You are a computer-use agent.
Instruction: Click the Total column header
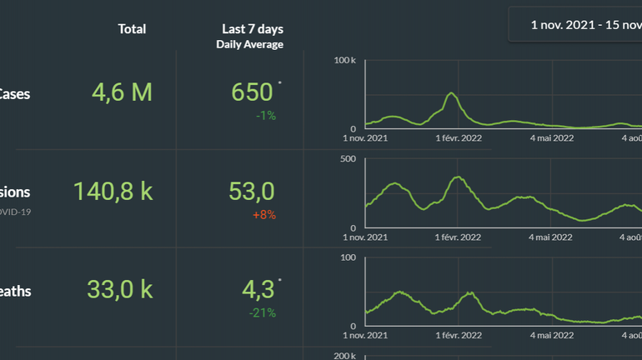click(132, 29)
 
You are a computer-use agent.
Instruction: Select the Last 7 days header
click(249, 29)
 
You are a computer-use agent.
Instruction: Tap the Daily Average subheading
click(249, 44)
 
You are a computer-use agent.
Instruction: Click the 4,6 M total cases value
click(122, 92)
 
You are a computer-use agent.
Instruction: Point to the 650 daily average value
click(253, 92)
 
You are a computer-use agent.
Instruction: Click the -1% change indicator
click(266, 116)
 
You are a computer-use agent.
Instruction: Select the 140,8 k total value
click(113, 192)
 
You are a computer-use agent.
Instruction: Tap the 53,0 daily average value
click(252, 192)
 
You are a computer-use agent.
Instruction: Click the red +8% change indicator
click(264, 215)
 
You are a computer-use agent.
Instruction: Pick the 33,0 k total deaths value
click(120, 291)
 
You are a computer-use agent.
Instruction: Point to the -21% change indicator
click(263, 313)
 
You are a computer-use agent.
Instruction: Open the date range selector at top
click(584, 25)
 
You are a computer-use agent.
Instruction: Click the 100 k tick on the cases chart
click(345, 61)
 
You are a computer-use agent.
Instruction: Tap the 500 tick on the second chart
click(349, 159)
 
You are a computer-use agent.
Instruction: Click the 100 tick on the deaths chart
click(349, 257)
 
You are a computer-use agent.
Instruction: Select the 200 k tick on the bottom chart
click(345, 356)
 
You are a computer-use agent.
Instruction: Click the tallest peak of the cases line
click(451, 93)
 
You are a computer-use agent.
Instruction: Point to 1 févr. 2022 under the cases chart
click(459, 138)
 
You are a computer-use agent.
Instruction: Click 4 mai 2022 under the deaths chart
click(550, 335)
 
